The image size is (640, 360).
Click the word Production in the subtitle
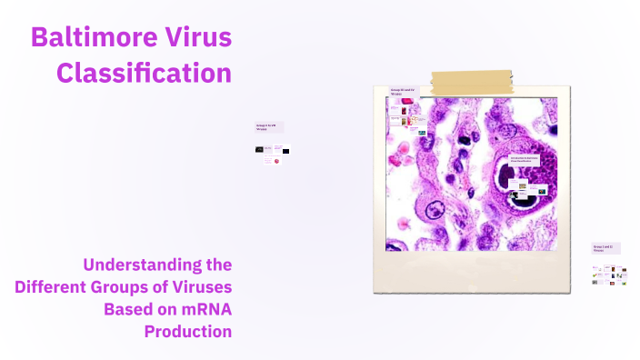tap(188, 331)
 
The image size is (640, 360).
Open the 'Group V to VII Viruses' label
tap(268, 128)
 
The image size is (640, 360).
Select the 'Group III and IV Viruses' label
tap(402, 91)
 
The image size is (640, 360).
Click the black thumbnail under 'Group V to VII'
tap(285, 150)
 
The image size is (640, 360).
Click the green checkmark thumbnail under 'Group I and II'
tap(595, 270)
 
